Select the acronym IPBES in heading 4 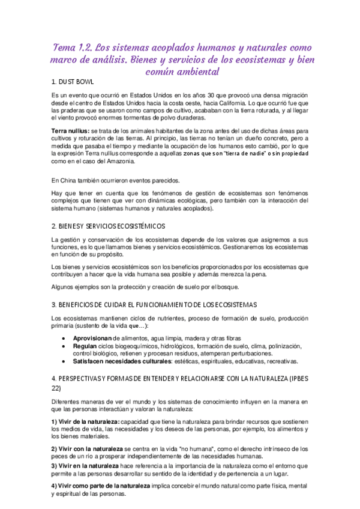(x=293, y=378)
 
